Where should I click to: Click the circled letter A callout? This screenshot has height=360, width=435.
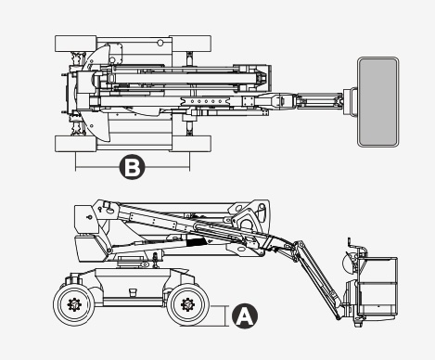pyautogui.click(x=245, y=315)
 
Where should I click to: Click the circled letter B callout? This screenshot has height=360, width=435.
pyautogui.click(x=132, y=167)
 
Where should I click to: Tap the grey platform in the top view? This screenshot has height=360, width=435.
pyautogui.click(x=377, y=102)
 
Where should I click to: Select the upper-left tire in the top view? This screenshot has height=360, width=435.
pyautogui.click(x=76, y=44)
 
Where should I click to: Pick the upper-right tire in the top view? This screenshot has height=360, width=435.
pyautogui.click(x=190, y=44)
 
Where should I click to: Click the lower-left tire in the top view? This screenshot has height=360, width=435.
pyautogui.click(x=76, y=144)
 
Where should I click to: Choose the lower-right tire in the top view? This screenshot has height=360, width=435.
pyautogui.click(x=190, y=144)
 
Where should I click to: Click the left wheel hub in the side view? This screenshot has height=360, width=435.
pyautogui.click(x=74, y=305)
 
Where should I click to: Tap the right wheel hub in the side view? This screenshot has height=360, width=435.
pyautogui.click(x=187, y=305)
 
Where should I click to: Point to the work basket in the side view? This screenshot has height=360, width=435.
pyautogui.click(x=377, y=286)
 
